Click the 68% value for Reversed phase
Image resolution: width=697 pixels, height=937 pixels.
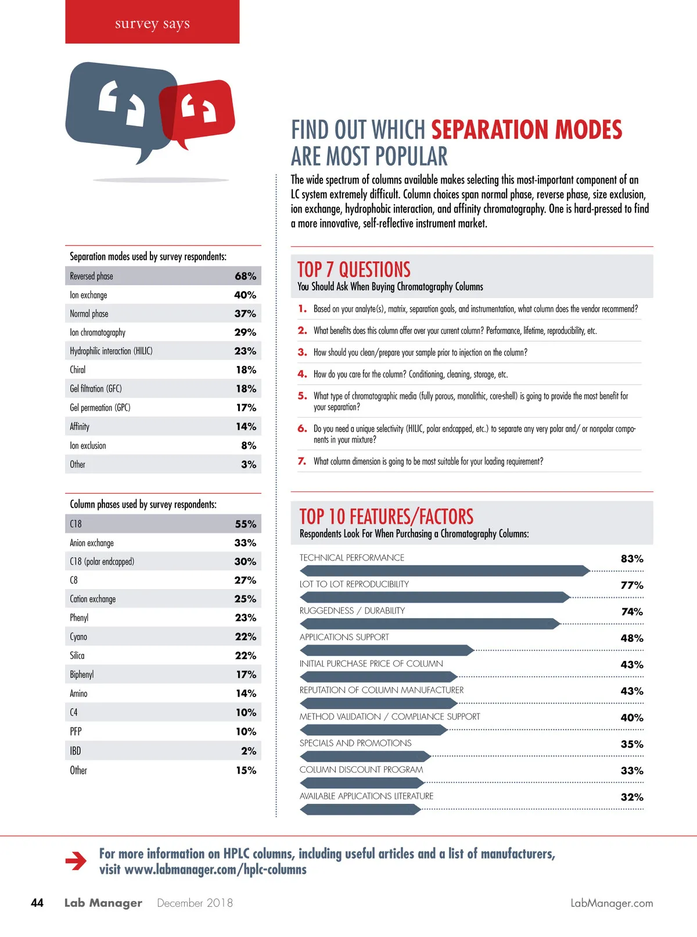pos(245,276)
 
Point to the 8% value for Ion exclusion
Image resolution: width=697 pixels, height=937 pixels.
pos(249,446)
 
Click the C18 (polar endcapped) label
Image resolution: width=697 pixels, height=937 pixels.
pos(102,562)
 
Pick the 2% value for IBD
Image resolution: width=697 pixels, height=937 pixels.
pos(249,751)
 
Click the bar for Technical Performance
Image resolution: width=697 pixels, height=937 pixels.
pos(444,571)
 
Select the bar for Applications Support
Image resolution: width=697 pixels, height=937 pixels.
pos(386,651)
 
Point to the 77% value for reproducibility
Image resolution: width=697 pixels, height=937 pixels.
pos(632,585)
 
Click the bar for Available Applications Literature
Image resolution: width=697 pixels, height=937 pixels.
pos(360,809)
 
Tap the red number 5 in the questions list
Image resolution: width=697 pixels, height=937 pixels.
pos(302,396)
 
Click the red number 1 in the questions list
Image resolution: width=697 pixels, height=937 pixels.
pos(302,308)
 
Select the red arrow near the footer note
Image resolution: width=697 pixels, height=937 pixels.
pos(76,861)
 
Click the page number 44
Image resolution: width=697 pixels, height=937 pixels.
pos(37,903)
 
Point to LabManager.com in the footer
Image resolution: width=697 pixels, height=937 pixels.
pos(612,903)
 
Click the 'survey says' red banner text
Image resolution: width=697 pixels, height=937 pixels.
pos(152,23)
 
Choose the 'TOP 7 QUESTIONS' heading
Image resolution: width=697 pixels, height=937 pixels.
pos(354,270)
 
